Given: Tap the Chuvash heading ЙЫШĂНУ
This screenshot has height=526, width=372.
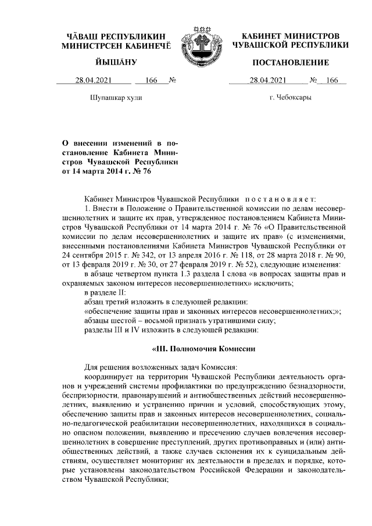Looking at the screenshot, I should coord(116,62).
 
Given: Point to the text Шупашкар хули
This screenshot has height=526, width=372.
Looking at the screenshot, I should coord(116,98).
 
